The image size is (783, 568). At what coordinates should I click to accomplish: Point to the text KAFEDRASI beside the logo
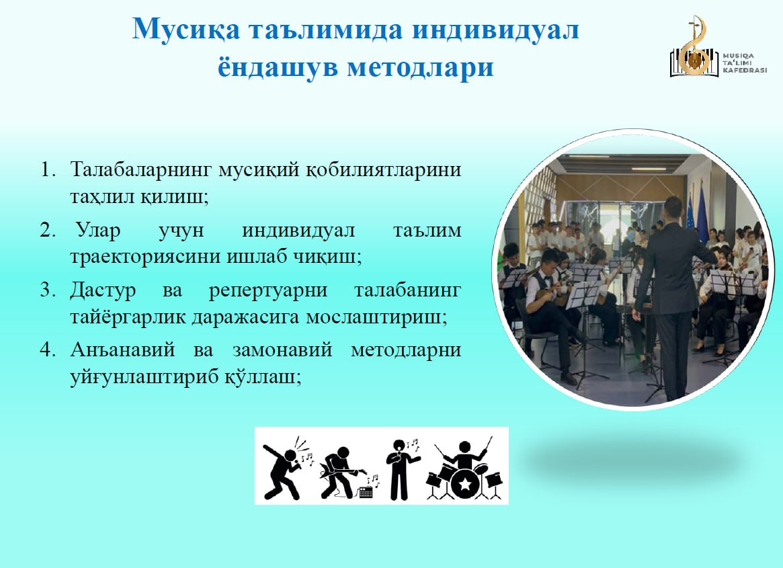(x=745, y=71)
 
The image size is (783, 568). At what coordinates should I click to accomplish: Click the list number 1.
(x=48, y=169)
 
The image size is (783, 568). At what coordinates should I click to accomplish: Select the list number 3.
(x=47, y=290)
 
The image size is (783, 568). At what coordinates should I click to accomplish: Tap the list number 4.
(x=47, y=350)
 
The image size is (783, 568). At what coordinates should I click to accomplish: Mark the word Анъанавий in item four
(x=122, y=350)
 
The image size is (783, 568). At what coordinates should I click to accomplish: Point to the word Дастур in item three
(x=103, y=290)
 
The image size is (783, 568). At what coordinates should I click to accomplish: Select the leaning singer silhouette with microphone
(x=283, y=470)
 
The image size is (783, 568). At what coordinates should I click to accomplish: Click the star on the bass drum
(x=465, y=484)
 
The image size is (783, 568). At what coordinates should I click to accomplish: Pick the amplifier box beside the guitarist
(x=366, y=493)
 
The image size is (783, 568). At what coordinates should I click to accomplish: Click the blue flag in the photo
(x=702, y=215)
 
